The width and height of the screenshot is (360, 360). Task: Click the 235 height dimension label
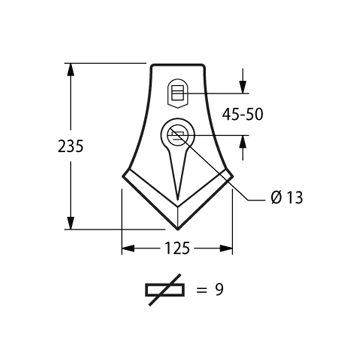(x=70, y=146)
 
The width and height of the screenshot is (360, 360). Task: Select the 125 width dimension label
(x=177, y=248)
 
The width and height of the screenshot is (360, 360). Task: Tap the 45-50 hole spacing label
(x=243, y=114)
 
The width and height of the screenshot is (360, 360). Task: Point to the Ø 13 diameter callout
(x=287, y=198)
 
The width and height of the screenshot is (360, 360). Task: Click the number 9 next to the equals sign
(x=219, y=290)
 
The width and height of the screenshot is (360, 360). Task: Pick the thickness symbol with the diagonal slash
(x=165, y=290)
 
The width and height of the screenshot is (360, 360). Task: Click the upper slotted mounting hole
(x=177, y=93)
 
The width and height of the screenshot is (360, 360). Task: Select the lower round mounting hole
(x=177, y=135)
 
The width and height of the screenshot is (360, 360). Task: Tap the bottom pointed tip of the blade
(x=178, y=229)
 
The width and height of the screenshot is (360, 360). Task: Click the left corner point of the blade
(x=123, y=176)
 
